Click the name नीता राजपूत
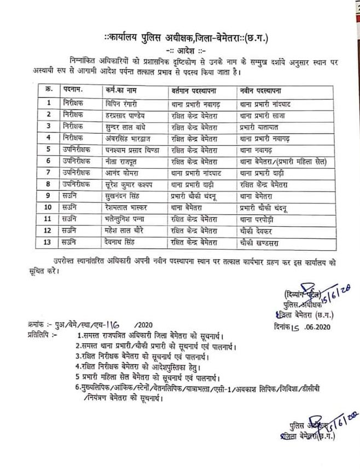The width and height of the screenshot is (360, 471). pos(120,162)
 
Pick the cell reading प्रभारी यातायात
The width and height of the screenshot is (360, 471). pos(260,126)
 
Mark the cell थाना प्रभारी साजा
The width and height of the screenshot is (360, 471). pos(264,114)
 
